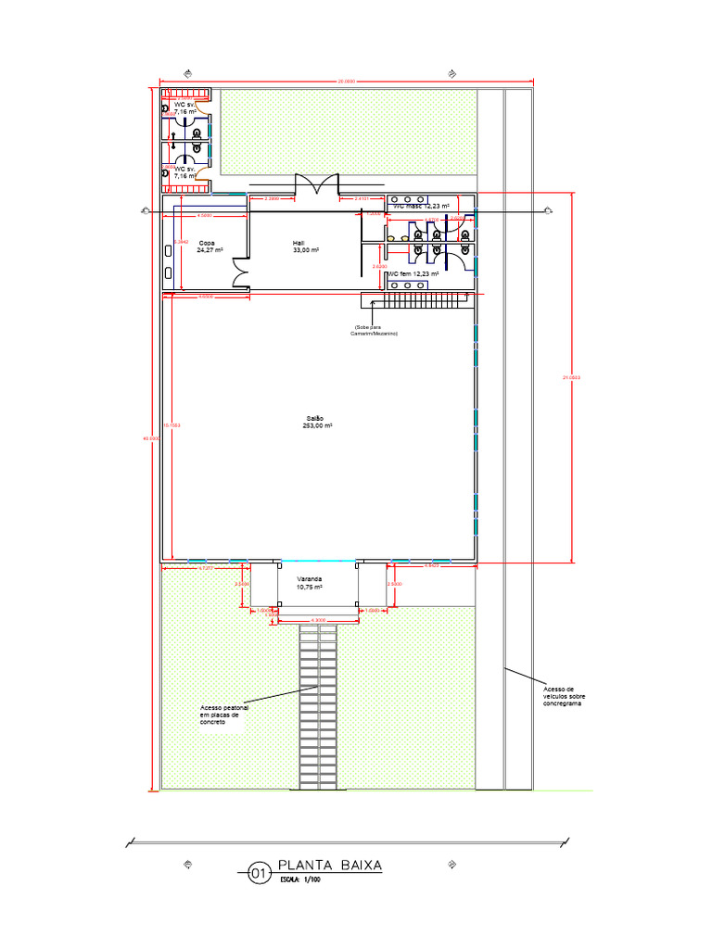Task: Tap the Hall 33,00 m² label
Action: pos(306,247)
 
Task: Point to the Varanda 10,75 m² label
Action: pos(309,583)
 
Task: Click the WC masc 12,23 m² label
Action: pos(421,206)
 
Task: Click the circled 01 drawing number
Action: pos(258,871)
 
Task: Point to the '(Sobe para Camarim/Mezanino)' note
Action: pos(374,329)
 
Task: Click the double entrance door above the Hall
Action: pos(316,184)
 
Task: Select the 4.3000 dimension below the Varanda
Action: pos(319,619)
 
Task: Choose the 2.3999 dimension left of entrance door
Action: pos(273,198)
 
